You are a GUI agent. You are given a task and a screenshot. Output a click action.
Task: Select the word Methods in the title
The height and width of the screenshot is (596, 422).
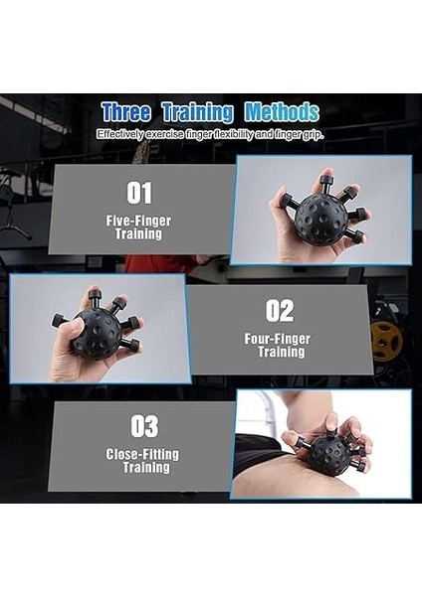point(282,111)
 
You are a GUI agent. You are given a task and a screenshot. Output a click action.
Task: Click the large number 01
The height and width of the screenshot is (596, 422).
point(139,192)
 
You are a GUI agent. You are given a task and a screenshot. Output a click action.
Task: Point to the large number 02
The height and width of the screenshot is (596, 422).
point(280,311)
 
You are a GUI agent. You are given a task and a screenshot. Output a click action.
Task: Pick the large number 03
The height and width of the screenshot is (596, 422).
point(144,426)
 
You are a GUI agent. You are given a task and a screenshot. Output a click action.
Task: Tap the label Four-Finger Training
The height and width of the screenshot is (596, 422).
point(279,345)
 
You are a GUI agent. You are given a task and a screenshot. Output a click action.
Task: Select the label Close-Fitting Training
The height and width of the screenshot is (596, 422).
point(142,460)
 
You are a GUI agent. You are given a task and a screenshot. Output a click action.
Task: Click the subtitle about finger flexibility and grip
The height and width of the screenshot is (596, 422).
point(210,133)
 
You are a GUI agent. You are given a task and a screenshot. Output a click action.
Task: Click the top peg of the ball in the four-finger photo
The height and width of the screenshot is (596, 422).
point(93,295)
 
